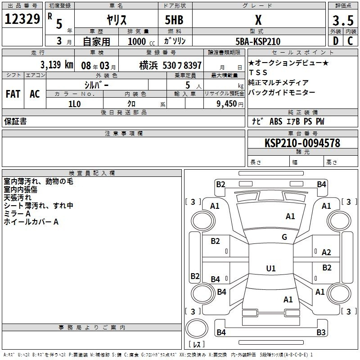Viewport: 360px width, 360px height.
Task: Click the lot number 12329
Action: point(22,19)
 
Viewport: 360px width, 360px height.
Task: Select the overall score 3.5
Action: point(343,20)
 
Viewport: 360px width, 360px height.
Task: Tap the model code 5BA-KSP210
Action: point(258,41)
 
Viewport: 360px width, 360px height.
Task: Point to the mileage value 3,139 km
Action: point(57,65)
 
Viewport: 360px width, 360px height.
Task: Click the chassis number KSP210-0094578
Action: point(302,143)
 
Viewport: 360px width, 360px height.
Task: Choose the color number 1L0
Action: point(75,104)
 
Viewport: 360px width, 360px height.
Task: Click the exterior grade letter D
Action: point(336,41)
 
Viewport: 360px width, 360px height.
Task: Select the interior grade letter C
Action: point(350,41)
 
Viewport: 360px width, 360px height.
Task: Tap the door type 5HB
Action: point(174,20)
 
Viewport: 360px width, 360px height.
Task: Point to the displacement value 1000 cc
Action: point(141,41)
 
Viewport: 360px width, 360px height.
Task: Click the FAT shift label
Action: point(13,94)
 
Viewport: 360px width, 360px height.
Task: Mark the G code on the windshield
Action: point(284,237)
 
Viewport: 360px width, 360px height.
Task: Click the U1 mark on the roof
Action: point(271,268)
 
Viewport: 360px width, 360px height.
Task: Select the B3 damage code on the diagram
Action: point(321,332)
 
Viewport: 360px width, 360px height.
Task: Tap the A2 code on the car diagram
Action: point(326,252)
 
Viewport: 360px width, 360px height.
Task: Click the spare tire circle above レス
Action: point(197,328)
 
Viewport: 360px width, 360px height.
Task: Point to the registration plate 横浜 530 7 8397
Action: point(171,65)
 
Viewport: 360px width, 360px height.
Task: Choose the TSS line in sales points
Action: point(258,72)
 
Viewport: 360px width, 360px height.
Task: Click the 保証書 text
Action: point(15,121)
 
